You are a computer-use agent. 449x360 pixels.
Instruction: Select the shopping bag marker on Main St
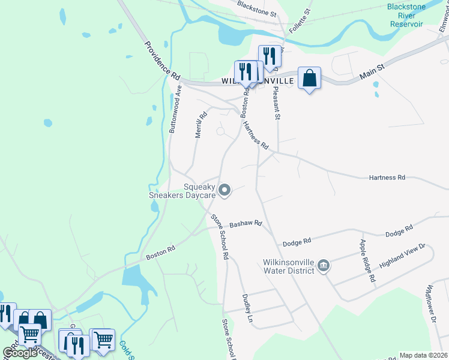coord(309,78)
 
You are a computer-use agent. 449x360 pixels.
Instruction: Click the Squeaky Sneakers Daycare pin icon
coord(225,190)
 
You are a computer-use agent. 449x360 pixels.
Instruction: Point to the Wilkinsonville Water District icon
coord(323,265)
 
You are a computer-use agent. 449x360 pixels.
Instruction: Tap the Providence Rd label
coord(161,61)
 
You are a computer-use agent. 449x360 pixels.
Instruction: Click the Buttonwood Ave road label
coord(176,109)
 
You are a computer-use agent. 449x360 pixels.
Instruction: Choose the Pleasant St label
coord(277,100)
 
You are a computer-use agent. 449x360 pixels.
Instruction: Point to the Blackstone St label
coord(256,8)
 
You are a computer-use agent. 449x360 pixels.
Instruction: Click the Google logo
coord(20,353)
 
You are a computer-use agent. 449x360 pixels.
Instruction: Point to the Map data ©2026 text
coord(424,355)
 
